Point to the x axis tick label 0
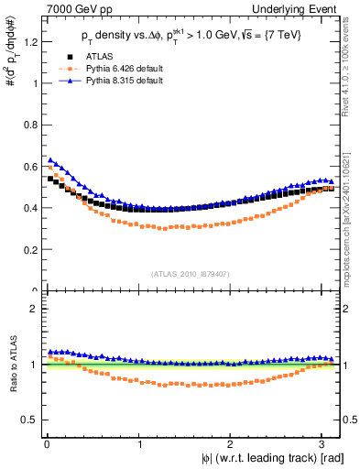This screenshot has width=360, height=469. click(46, 444)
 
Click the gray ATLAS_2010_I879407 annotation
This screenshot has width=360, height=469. click(191, 272)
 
